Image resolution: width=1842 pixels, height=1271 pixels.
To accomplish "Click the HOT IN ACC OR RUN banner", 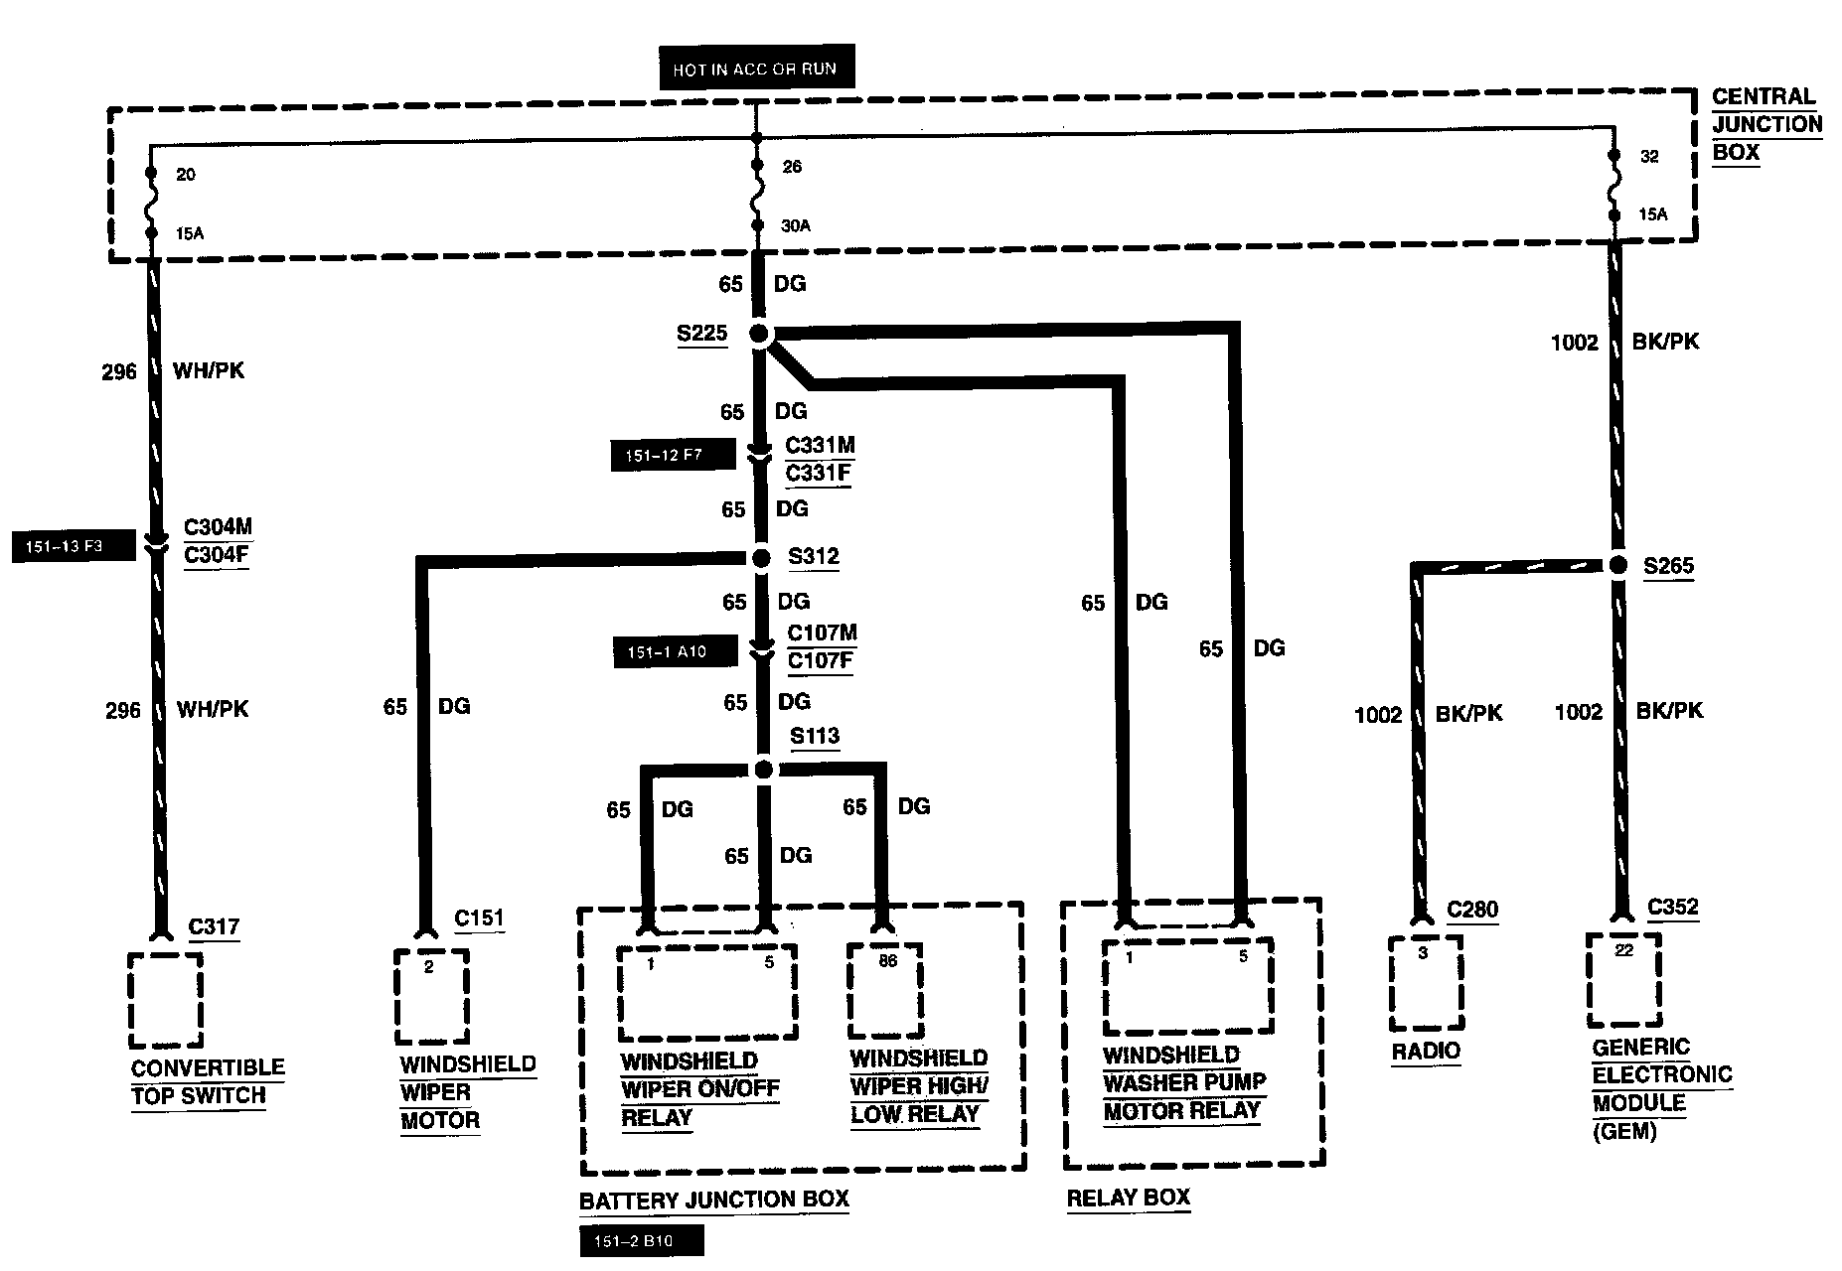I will [x=754, y=70].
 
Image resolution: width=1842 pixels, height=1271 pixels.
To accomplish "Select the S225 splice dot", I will [x=759, y=335].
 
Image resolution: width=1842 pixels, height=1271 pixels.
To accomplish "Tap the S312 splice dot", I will [x=761, y=559].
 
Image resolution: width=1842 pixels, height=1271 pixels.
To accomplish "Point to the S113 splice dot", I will [x=763, y=770].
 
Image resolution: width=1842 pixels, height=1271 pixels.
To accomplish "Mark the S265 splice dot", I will [x=1618, y=565].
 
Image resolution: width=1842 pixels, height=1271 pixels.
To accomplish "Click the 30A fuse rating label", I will [x=796, y=226].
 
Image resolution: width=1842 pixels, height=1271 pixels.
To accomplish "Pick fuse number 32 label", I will [x=1649, y=157].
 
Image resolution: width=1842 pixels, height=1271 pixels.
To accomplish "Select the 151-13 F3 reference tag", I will [x=73, y=547].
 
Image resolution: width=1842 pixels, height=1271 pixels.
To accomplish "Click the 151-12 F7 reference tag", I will [x=673, y=457].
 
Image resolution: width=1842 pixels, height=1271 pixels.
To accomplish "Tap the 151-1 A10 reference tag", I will [x=675, y=652].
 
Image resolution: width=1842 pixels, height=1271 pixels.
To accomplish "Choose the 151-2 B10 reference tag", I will [x=641, y=1241].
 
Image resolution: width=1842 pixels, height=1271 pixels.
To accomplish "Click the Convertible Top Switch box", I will [x=166, y=1000].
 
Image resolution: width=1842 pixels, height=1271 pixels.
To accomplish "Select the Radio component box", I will [x=1426, y=983].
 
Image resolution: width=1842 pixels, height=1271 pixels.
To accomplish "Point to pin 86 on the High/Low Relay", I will [x=887, y=961].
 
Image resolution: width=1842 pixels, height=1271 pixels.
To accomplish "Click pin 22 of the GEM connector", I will [x=1623, y=951].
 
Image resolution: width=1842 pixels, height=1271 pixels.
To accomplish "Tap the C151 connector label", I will [x=479, y=918].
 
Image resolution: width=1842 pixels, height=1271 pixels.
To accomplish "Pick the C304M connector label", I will [x=218, y=527].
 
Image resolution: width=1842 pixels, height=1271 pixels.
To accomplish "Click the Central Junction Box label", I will [x=1766, y=125].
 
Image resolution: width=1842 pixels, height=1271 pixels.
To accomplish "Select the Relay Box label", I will [x=1128, y=1198].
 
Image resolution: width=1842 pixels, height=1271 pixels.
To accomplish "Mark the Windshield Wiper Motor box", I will [x=431, y=996].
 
